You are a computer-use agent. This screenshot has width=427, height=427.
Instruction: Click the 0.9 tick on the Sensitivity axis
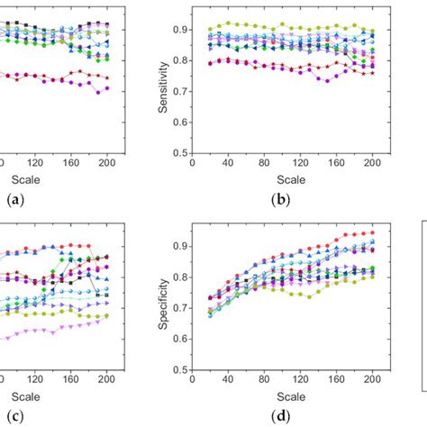click(178, 30)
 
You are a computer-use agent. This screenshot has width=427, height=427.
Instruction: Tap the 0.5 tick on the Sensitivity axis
click(178, 152)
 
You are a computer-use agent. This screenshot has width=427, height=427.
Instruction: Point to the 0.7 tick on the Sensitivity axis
click(178, 91)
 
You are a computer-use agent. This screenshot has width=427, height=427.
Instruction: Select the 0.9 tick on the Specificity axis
click(178, 246)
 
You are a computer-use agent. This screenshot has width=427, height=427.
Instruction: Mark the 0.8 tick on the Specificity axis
click(178, 277)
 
